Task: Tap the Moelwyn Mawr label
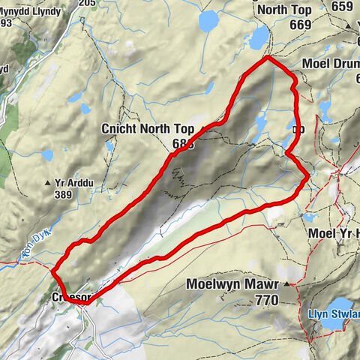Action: coord(232,285)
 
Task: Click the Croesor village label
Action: coord(71,298)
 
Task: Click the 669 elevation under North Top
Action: coord(279,25)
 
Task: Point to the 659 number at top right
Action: coord(342,7)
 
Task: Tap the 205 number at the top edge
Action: coord(88,3)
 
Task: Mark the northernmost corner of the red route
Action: coord(268,57)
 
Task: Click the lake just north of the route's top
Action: coord(259,37)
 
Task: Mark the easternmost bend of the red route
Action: coord(308,177)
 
